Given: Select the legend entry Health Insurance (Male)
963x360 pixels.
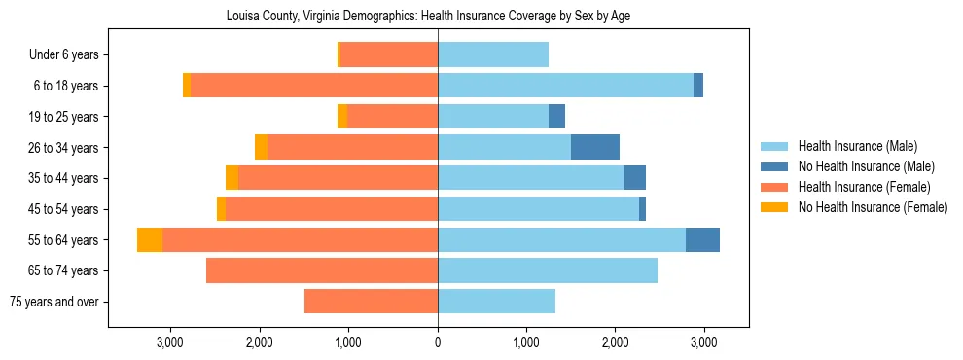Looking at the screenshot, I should click(856, 146).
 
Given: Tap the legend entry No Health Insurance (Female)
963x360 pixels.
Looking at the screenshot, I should click(873, 207).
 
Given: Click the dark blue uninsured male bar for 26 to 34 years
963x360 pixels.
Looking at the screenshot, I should click(595, 147).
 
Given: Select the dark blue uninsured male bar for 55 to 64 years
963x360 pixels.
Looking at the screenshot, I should click(702, 239).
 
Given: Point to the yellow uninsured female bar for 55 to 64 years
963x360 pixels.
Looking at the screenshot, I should click(150, 239).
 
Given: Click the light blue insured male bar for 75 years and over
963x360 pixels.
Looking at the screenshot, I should click(496, 302).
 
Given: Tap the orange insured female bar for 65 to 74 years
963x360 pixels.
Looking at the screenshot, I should click(322, 270).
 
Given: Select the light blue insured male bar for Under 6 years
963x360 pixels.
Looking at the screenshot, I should click(493, 54).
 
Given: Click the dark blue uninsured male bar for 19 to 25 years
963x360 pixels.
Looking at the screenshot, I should click(556, 117).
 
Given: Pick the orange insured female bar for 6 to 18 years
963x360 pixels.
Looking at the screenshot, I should click(314, 86).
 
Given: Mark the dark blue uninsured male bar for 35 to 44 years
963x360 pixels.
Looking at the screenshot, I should click(634, 178).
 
